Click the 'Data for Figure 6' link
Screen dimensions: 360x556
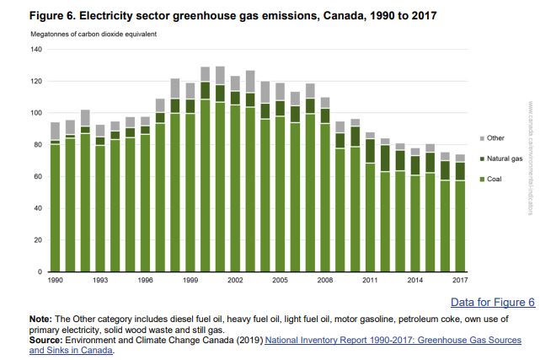493,302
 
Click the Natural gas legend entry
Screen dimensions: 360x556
502,158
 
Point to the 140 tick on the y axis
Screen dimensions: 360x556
35,50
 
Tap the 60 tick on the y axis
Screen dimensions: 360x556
37,177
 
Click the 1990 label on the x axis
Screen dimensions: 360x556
55,279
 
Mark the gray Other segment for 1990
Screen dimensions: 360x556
55,131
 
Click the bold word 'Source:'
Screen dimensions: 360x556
46,340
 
